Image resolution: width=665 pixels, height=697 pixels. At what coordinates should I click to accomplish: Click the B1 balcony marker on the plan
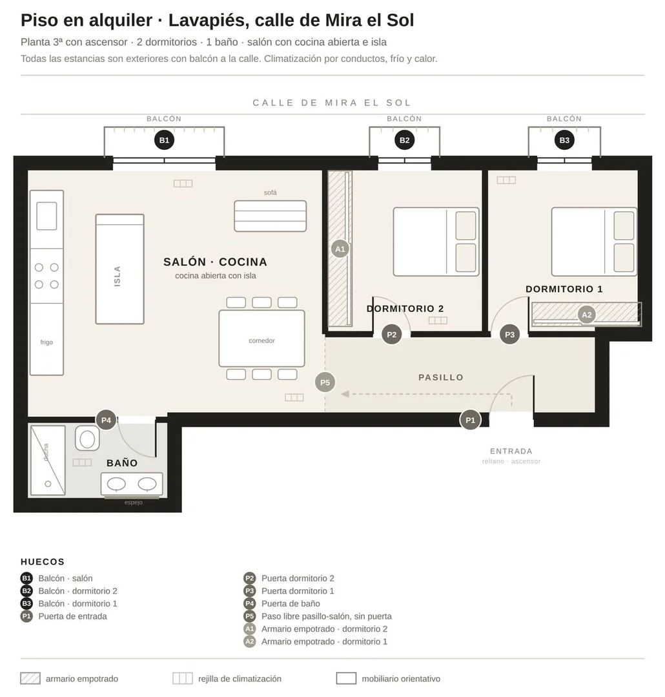[165, 140]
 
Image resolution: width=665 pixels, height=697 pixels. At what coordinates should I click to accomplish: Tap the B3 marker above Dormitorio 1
[564, 140]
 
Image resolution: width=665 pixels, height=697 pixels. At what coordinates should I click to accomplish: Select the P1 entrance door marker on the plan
[470, 420]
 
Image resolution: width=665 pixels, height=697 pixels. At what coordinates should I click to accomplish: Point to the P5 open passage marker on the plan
[325, 382]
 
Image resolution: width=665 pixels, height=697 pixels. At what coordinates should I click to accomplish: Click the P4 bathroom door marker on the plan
[106, 420]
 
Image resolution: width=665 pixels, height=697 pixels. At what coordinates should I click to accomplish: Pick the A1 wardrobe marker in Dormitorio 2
[340, 249]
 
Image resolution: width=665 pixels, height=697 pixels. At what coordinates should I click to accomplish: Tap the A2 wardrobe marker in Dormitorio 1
[586, 315]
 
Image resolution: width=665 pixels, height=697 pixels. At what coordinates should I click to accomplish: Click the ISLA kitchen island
[119, 269]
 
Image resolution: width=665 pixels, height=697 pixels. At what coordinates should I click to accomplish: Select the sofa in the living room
[270, 216]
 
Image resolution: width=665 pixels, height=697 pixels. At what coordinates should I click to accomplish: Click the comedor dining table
[261, 338]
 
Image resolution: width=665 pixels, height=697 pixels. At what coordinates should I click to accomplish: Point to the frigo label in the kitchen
[46, 342]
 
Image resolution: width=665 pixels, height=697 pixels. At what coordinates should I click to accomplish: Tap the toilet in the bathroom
[87, 439]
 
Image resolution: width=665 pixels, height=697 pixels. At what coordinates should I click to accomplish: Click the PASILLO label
[441, 377]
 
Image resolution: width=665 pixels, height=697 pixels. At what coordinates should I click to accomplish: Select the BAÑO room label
[122, 463]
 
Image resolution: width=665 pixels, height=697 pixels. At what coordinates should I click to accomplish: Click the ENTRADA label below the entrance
[511, 451]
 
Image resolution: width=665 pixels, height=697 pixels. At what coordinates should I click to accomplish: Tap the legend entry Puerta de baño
[291, 603]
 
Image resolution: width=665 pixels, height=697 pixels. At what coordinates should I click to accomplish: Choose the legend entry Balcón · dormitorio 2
[77, 591]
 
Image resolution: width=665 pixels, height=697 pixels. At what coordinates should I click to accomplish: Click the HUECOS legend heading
[43, 562]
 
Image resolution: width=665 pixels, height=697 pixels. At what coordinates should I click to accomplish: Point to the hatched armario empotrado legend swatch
[30, 678]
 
